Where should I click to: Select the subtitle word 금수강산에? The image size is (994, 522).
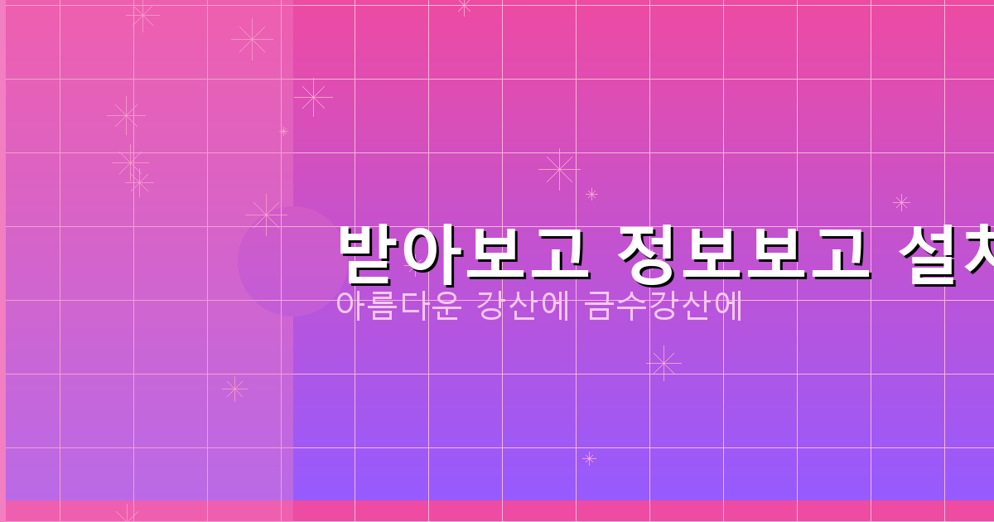click(663, 306)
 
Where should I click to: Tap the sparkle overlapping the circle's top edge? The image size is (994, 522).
click(266, 215)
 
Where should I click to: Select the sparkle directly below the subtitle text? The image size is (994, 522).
click(663, 363)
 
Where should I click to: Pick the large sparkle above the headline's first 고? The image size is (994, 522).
click(559, 169)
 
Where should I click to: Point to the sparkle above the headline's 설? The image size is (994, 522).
click(901, 202)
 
